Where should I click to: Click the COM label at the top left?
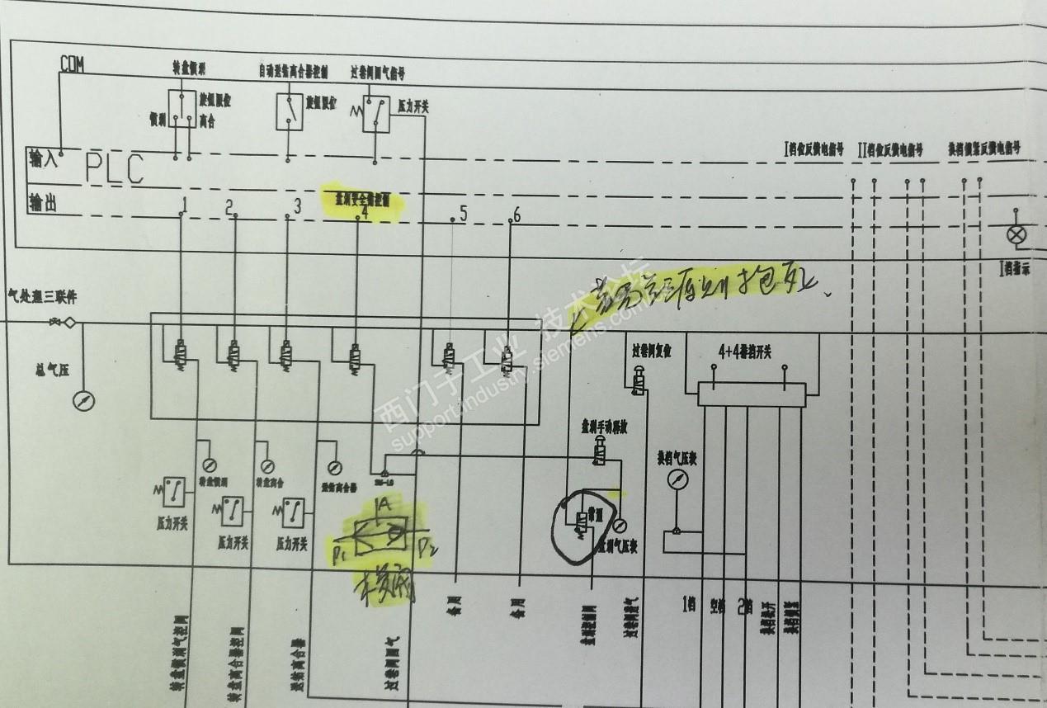72,64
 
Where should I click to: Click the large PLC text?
115,169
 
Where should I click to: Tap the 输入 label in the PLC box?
44,157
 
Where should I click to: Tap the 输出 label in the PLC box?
44,203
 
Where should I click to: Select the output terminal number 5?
463,213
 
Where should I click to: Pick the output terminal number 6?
516,215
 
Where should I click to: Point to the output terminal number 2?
229,206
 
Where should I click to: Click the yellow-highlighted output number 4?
364,211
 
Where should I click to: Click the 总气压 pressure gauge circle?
84,401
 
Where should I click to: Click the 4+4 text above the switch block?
729,350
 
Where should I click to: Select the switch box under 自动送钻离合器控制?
289,111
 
